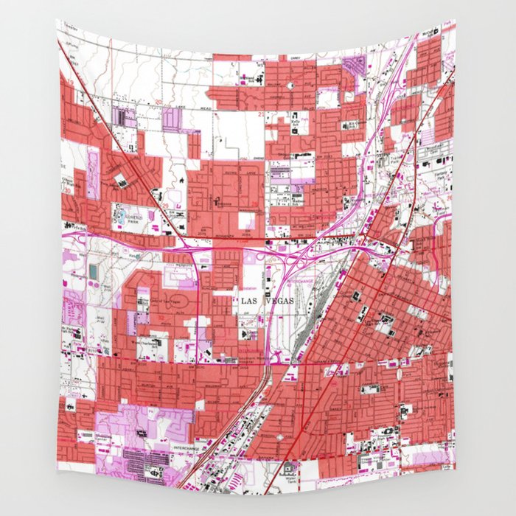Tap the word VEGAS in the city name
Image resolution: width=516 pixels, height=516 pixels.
tap(278, 301)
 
